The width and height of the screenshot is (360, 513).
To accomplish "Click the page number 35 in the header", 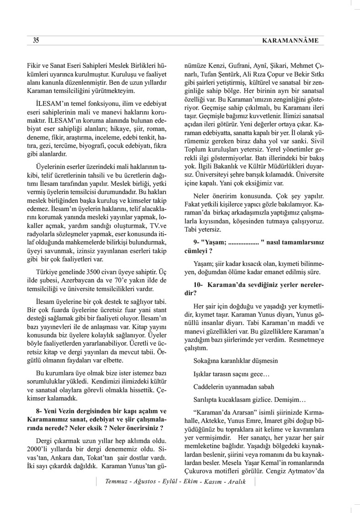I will click(x=36, y=41).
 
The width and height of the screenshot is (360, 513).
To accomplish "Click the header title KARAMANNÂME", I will click(x=290, y=41).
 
